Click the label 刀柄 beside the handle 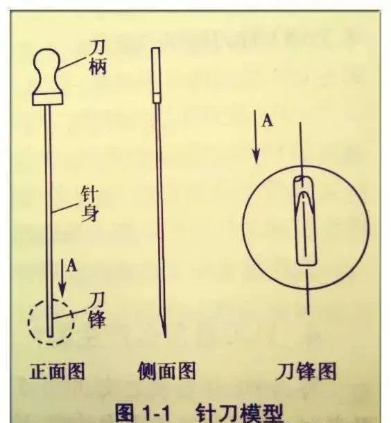click(98, 60)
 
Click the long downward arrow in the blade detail click(256, 142)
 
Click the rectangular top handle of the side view click(156, 69)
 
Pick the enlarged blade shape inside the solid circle click(305, 222)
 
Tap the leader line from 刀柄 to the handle click(71, 63)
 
